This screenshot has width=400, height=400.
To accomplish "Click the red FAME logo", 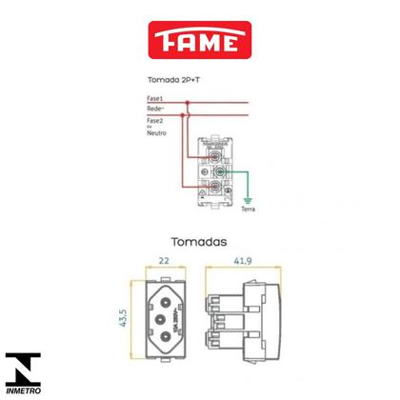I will (x=200, y=41).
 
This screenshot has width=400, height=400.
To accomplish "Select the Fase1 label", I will (x=155, y=100).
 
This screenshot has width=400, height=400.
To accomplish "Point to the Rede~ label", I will (x=156, y=110).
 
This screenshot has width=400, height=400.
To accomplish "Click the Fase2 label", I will (x=155, y=121).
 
